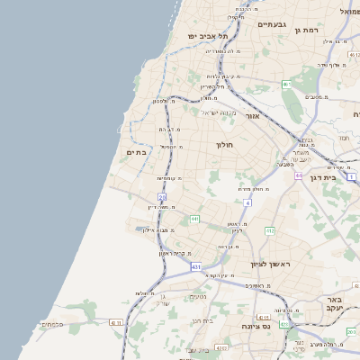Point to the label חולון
tap(224, 144)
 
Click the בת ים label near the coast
tap(136, 153)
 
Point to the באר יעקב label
tap(334, 303)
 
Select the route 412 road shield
tap(269, 231)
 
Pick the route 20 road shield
tap(162, 196)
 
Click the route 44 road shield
tap(298, 175)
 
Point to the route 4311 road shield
tap(114, 321)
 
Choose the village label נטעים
tap(198, 298)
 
